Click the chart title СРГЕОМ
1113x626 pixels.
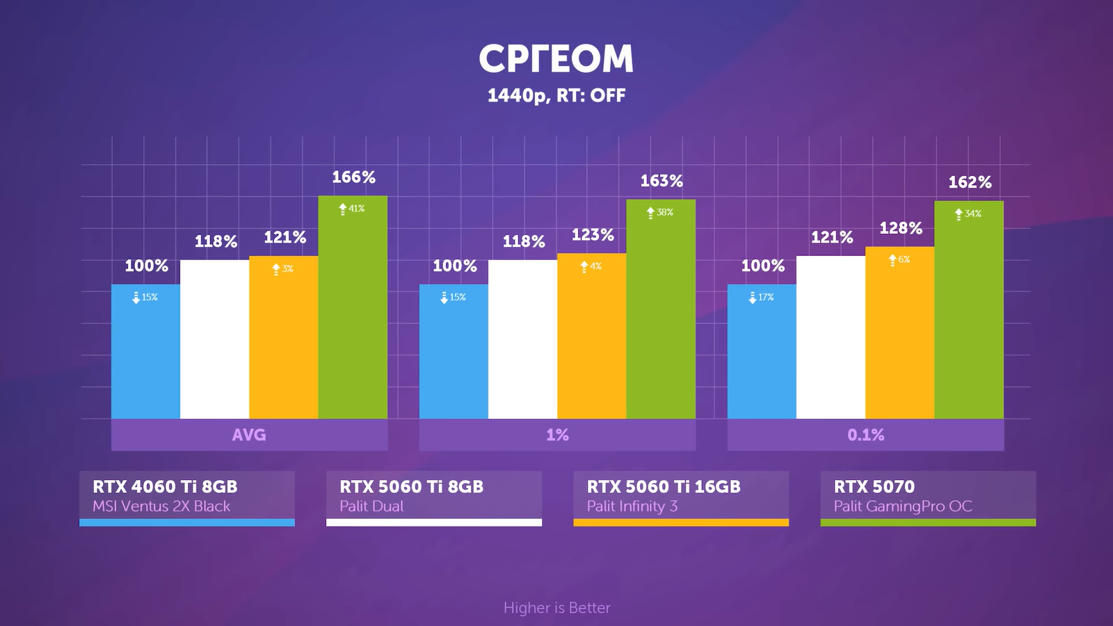click(x=556, y=58)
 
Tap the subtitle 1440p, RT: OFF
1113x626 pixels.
click(x=556, y=95)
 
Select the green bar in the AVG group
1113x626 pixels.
click(x=353, y=313)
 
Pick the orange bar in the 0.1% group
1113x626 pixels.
click(x=899, y=334)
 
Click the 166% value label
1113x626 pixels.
click(x=353, y=177)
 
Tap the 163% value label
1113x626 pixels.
click(x=662, y=181)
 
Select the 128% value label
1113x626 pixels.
click(x=901, y=228)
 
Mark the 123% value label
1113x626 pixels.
click(x=593, y=235)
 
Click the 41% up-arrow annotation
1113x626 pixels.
click(x=352, y=209)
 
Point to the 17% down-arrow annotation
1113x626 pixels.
click(x=761, y=297)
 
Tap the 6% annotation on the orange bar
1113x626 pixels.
click(x=899, y=259)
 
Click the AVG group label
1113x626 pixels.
click(x=249, y=435)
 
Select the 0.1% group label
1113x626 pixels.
click(x=865, y=435)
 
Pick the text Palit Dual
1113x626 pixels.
click(x=371, y=506)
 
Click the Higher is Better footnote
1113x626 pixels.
click(x=556, y=608)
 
